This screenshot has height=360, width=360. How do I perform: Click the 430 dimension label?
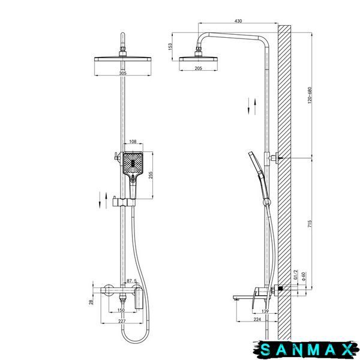click(238, 21)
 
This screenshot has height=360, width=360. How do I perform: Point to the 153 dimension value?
click(170, 47)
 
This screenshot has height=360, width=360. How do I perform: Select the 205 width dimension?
click(198, 68)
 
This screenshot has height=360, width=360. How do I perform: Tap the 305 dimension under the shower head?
click(123, 73)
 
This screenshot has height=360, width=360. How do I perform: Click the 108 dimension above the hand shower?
click(133, 142)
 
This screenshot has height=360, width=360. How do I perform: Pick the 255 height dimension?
click(151, 176)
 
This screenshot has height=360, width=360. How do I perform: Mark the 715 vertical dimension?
click(310, 224)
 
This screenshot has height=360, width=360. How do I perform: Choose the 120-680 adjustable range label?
click(310, 95)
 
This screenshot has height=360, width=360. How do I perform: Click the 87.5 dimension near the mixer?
click(132, 281)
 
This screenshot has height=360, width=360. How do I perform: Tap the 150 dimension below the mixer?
click(121, 310)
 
